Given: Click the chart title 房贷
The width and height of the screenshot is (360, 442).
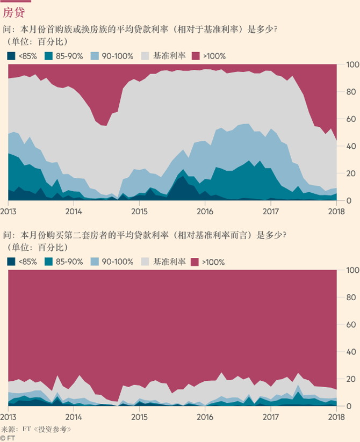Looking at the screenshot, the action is click(x=14, y=12).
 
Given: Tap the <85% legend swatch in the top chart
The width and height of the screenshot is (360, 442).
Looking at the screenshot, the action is click(x=11, y=56).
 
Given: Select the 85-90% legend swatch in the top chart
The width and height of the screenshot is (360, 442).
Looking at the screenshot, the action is click(x=48, y=56).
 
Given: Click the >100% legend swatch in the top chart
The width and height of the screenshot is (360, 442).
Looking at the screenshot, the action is click(x=196, y=56).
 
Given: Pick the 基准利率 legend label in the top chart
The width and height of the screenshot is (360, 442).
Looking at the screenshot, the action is click(x=169, y=56).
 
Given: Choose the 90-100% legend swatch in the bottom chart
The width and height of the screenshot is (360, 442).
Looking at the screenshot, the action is click(x=95, y=262).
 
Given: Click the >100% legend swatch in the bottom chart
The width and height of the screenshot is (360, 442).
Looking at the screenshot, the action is click(x=195, y=262).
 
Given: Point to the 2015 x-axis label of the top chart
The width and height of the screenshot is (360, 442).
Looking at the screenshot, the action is click(x=139, y=212).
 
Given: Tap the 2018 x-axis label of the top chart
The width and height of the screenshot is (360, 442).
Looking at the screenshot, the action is click(x=336, y=212).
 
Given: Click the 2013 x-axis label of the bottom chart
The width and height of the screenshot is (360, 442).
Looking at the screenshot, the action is click(x=8, y=417).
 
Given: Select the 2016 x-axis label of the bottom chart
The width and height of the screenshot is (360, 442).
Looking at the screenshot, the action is click(x=205, y=417).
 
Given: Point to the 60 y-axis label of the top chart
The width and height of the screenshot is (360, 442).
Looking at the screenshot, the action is click(x=351, y=119).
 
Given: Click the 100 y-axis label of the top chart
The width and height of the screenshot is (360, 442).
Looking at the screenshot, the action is click(x=353, y=64).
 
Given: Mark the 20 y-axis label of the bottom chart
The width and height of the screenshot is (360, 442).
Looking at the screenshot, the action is click(x=351, y=379).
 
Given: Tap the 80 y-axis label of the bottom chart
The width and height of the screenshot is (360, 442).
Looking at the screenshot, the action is click(x=351, y=298).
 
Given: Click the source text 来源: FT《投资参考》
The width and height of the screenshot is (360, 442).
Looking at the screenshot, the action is click(x=36, y=429).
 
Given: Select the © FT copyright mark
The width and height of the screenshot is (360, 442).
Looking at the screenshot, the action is click(x=8, y=438).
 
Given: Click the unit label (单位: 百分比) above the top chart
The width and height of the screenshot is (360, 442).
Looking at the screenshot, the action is click(x=38, y=42).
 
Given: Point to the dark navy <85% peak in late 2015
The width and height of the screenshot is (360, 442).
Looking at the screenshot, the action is click(x=183, y=177).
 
